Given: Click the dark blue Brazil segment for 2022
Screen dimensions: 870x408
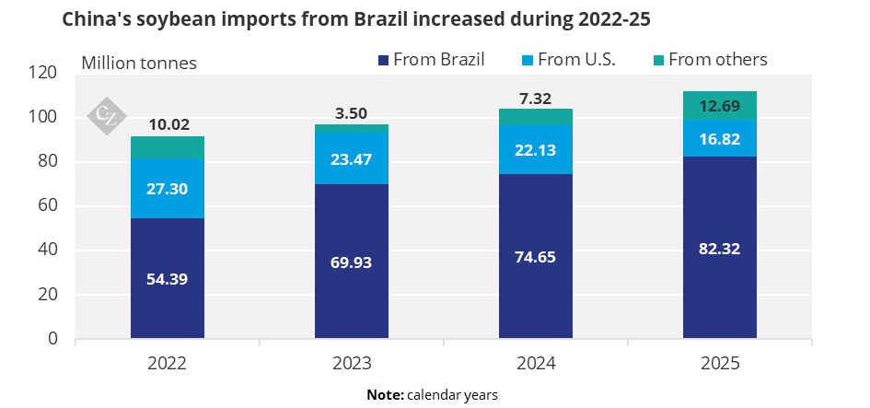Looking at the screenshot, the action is click(168, 277).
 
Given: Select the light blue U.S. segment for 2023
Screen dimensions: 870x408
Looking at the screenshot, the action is click(351, 158).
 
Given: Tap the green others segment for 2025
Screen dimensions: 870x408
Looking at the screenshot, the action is click(720, 106).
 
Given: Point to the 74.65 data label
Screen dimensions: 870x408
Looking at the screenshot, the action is click(536, 258).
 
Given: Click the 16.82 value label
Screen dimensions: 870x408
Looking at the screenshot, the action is click(720, 139).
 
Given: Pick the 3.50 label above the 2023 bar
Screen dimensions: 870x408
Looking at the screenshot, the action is click(352, 115).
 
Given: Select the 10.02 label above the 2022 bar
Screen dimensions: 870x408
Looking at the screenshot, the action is click(168, 125).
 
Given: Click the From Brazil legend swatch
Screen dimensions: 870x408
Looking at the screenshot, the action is click(383, 60).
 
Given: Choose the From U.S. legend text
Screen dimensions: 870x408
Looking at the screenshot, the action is click(576, 59).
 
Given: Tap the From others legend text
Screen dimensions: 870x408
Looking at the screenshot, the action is click(718, 59).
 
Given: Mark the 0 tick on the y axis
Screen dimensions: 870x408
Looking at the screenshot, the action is click(52, 338).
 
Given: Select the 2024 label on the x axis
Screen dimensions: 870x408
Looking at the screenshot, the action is click(536, 364).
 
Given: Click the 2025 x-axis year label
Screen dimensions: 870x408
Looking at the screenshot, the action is click(720, 364).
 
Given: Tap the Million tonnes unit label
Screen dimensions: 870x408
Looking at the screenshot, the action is click(139, 63).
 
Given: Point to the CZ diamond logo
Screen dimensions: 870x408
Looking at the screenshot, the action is click(107, 116).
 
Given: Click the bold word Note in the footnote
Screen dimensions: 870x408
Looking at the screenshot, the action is click(386, 395).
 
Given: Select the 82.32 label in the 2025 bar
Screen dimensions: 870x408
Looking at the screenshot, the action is click(720, 249).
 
